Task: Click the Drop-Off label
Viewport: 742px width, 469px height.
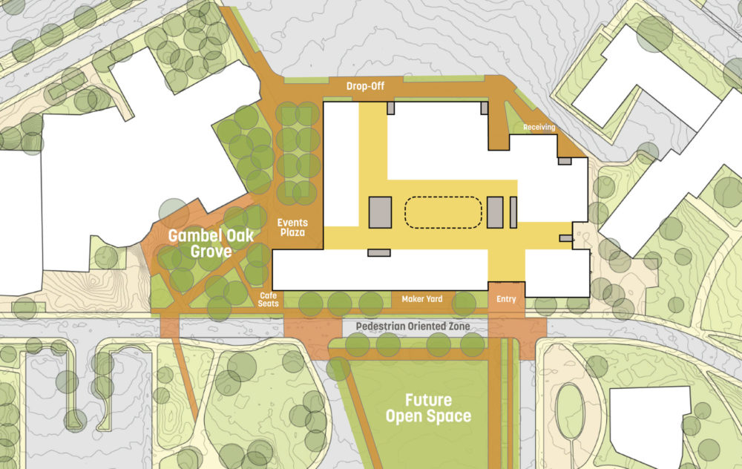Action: coord(364,87)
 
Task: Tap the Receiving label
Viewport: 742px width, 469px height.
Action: coord(539,128)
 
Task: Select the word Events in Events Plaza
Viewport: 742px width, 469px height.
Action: coord(292,223)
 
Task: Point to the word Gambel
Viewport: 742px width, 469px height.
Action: coord(194,237)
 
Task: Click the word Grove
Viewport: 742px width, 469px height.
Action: coord(211,252)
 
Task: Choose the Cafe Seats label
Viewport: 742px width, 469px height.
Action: coord(268,298)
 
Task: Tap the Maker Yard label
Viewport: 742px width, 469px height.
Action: coord(422,299)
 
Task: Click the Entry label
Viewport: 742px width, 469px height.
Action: coord(506,299)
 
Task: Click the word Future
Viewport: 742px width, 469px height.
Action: coord(428,401)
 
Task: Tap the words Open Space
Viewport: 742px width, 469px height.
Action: coord(427,416)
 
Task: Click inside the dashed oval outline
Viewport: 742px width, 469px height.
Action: coord(443,212)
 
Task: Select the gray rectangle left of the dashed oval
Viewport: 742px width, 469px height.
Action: coord(380,211)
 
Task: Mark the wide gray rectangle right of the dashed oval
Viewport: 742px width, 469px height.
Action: coord(495,212)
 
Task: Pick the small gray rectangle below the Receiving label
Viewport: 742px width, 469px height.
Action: coord(565,160)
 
